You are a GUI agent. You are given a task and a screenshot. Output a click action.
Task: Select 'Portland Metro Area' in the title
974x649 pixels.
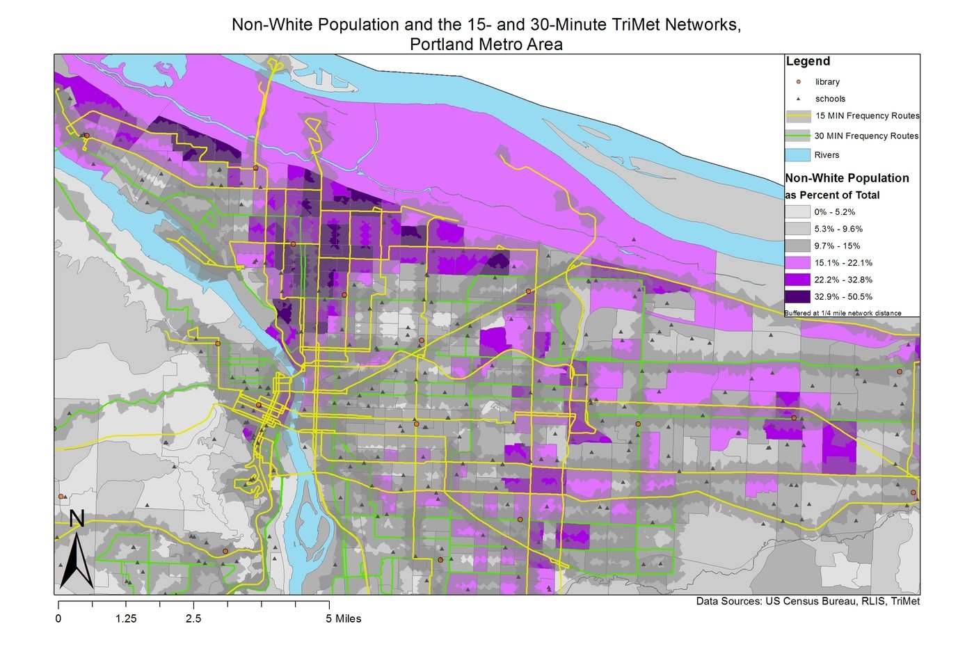(486, 45)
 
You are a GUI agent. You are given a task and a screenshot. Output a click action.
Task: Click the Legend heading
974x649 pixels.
(808, 61)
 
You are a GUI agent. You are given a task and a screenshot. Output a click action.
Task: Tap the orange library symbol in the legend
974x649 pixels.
(798, 81)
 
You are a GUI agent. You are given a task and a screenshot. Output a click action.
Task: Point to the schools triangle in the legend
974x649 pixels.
(798, 99)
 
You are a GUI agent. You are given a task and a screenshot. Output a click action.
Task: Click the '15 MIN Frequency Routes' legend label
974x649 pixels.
(867, 115)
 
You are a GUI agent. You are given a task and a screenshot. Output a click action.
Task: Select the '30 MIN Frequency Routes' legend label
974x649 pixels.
(866, 136)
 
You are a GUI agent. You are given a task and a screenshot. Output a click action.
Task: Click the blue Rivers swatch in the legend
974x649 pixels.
(798, 154)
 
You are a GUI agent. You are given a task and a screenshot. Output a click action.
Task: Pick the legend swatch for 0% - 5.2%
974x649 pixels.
(798, 211)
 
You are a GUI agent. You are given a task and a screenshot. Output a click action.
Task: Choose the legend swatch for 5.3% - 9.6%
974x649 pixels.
(798, 228)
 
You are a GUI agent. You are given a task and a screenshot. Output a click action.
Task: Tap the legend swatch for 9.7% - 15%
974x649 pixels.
(798, 246)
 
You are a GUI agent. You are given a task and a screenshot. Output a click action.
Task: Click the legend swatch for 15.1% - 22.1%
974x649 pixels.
(798, 262)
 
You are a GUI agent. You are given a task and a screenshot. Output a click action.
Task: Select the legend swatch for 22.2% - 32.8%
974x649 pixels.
(798, 280)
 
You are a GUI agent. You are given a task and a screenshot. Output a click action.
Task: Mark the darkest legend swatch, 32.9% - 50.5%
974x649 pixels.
(798, 296)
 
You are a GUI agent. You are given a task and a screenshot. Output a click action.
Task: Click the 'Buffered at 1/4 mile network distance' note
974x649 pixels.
(843, 313)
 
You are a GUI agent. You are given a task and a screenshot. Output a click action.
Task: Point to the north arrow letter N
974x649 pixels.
(77, 519)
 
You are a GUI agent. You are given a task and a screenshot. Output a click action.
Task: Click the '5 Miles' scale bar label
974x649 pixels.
(344, 618)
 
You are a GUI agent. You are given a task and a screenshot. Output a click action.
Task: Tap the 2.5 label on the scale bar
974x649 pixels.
(193, 618)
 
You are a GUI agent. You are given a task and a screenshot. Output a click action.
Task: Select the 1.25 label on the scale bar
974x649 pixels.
(126, 618)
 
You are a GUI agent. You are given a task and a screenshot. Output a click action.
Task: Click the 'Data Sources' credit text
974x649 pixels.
(808, 601)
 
